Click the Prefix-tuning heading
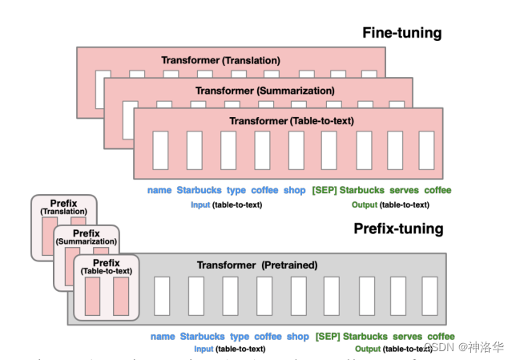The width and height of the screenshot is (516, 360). click(398, 229)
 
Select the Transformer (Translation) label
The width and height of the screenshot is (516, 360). click(220, 60)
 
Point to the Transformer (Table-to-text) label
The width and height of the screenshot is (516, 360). click(292, 121)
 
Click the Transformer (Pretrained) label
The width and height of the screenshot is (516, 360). click(256, 265)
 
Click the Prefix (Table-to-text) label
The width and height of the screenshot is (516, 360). click(107, 267)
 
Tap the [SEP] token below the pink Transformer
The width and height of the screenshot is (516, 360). click(324, 191)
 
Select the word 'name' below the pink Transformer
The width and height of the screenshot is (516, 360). click(159, 191)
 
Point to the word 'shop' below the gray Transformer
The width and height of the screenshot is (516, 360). click(297, 337)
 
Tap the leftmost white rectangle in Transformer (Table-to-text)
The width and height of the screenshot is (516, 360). click(160, 150)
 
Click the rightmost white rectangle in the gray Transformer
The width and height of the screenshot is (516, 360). click(429, 296)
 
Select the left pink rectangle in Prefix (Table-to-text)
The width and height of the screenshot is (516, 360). click(91, 297)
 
